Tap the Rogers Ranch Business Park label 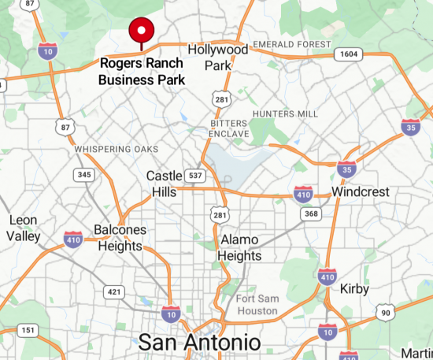[142, 71]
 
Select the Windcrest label [361, 191]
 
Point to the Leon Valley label [24, 228]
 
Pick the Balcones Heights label [120, 237]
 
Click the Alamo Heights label [241, 247]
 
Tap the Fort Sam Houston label [257, 304]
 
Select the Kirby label [354, 289]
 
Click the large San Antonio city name [198, 343]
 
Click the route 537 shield [194, 174]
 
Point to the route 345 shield [84, 173]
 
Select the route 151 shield [29, 330]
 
